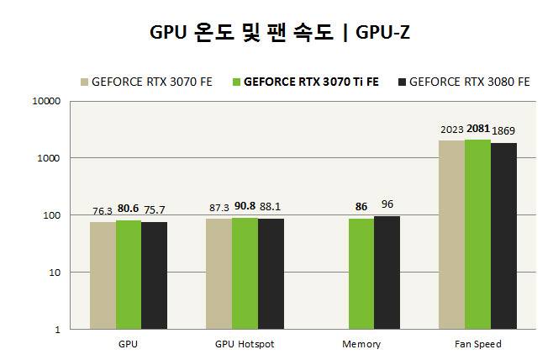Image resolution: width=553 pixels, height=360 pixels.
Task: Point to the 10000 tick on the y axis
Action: pyautogui.click(x=46, y=101)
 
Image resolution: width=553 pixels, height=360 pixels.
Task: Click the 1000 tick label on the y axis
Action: pyautogui.click(x=49, y=158)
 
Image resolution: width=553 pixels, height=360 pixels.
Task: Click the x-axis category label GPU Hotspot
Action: pyautogui.click(x=245, y=344)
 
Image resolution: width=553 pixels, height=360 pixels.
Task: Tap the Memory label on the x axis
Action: pyautogui.click(x=361, y=344)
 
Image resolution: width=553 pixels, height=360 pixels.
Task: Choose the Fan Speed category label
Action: pyautogui.click(x=477, y=344)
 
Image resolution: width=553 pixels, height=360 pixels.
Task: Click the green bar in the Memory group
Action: pyautogui.click(x=361, y=273)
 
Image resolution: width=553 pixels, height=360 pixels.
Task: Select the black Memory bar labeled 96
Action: pyautogui.click(x=387, y=273)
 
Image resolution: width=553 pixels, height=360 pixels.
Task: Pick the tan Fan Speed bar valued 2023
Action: pyautogui.click(x=451, y=235)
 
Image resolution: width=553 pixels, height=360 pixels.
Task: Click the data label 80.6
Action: pyautogui.click(x=128, y=206)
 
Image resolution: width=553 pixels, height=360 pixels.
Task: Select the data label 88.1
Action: pyautogui.click(x=271, y=206)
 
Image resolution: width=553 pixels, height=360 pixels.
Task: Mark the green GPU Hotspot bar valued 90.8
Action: pyautogui.click(x=245, y=273)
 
